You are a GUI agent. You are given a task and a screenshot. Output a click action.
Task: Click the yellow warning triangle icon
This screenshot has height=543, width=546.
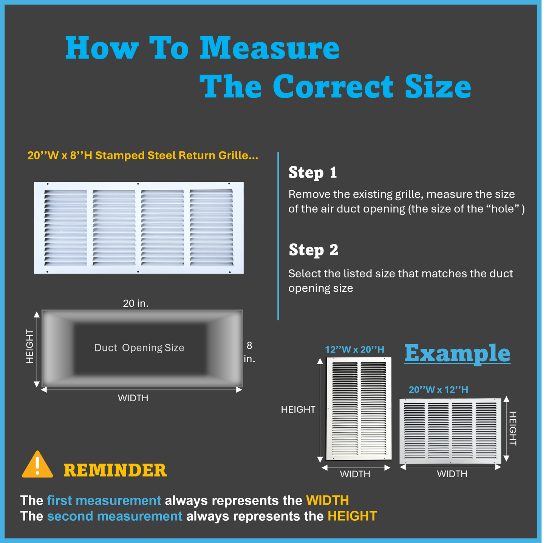tap(37, 466)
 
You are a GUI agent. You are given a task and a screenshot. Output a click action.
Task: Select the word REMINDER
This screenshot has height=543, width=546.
tap(115, 470)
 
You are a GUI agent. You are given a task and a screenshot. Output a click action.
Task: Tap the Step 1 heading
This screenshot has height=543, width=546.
tap(313, 172)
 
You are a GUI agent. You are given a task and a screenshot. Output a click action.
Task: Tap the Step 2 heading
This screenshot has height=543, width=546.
tap(313, 250)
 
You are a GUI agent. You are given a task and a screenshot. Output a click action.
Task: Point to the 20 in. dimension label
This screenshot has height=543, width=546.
tap(136, 303)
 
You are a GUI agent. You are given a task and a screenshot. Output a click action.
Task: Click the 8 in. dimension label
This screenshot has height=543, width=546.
tap(249, 352)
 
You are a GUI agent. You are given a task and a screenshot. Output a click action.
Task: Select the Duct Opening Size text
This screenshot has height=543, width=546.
tap(139, 348)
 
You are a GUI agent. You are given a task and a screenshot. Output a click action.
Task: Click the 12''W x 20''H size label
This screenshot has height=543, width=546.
tap(354, 350)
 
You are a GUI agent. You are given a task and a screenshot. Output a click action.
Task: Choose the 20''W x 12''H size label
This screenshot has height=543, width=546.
tap(438, 390)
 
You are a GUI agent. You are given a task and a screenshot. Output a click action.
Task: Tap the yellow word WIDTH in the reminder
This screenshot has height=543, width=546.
tap(327, 500)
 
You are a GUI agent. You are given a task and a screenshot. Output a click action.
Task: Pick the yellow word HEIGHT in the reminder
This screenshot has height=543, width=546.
tap(352, 516)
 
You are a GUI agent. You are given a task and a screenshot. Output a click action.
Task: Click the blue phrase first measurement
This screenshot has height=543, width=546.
tap(104, 500)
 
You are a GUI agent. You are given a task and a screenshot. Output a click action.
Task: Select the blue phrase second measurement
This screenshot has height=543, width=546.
tap(115, 516)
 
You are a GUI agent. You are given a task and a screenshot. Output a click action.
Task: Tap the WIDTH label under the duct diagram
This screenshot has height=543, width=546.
tap(133, 398)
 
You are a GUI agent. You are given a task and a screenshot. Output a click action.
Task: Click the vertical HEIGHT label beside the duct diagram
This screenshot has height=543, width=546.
tap(30, 346)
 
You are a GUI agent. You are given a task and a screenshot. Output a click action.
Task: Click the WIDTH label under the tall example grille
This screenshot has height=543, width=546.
tap(355, 474)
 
